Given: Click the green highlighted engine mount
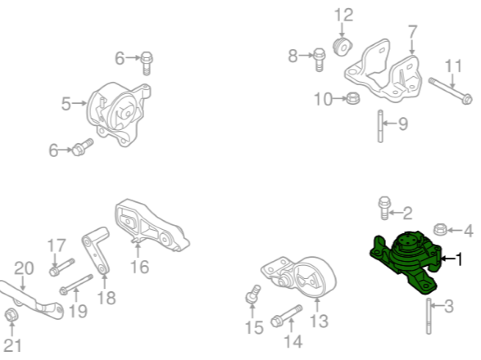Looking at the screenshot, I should point(406,262).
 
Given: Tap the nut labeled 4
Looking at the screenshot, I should point(441,230).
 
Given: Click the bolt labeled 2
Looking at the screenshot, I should point(384,208).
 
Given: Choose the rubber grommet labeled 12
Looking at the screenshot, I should point(343,47).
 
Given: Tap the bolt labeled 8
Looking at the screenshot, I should point(318,59).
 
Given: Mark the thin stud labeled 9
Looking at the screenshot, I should point(380,126).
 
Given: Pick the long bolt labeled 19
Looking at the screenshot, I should point(77,284).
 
